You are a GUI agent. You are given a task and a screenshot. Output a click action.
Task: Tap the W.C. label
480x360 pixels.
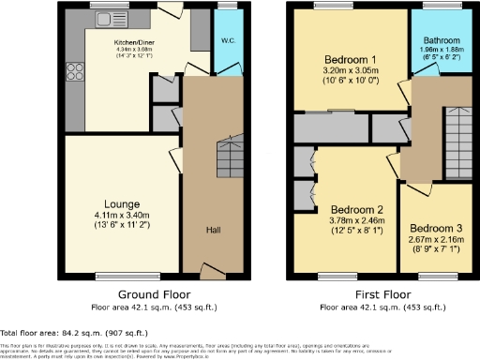coord(227,40)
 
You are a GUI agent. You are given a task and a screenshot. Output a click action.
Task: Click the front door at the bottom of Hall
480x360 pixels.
coord(213,273)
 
